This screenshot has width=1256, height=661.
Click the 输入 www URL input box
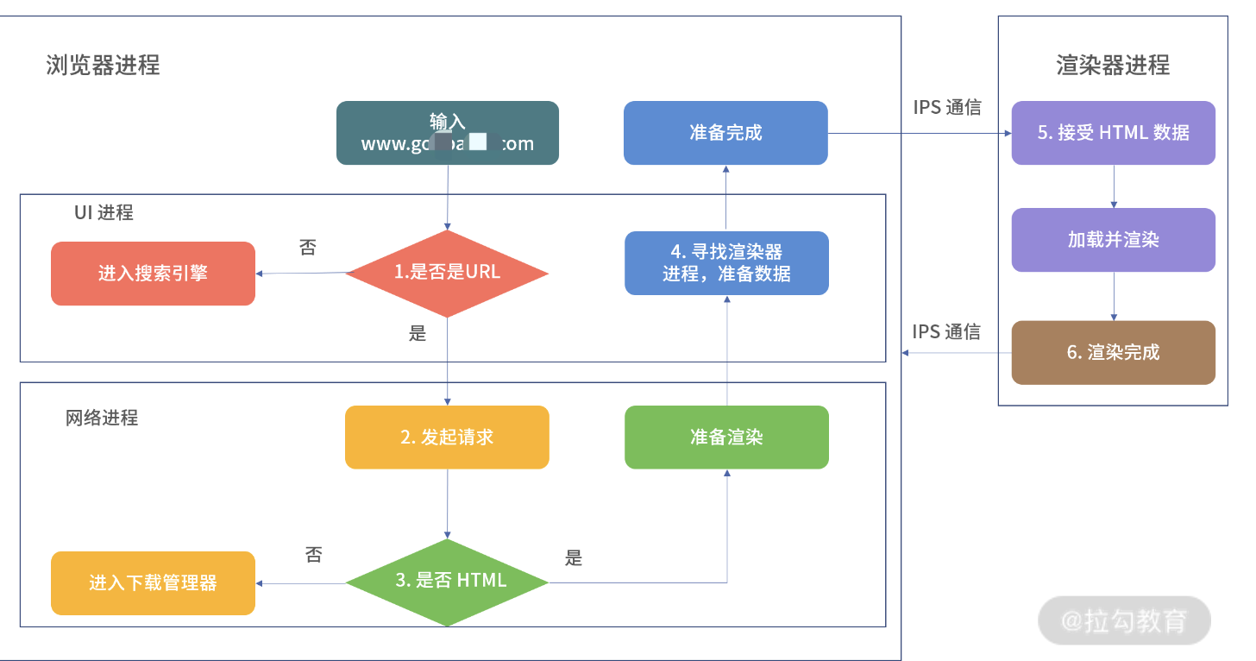click(447, 133)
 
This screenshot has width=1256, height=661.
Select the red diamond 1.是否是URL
click(447, 273)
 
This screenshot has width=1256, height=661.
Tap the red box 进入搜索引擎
click(153, 274)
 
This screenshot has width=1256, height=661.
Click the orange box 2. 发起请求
click(447, 438)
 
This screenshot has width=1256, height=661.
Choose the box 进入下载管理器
click(153, 583)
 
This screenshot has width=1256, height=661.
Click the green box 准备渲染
click(726, 438)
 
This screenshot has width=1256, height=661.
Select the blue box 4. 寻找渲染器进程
click(726, 263)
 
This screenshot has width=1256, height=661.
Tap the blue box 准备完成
click(725, 133)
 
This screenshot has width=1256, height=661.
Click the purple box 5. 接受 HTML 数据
click(1113, 133)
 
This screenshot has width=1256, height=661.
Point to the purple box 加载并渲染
click(1113, 240)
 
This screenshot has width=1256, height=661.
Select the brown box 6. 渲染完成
click(1113, 352)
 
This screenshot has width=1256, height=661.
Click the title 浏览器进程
click(103, 65)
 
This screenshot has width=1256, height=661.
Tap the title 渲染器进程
click(1113, 65)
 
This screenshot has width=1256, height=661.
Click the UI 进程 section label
click(104, 212)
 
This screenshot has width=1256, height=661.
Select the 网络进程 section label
click(102, 419)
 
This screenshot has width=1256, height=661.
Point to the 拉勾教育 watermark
click(1124, 620)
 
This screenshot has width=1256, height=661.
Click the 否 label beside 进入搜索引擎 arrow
click(308, 249)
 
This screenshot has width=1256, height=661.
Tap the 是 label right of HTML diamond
click(574, 558)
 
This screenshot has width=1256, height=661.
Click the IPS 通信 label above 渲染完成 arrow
click(946, 332)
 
